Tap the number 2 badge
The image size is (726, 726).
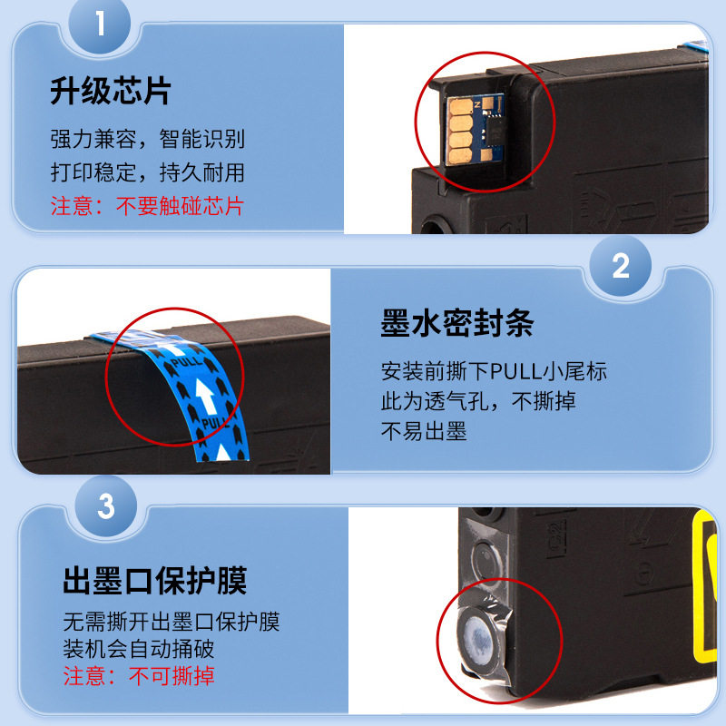pyautogui.click(x=621, y=266)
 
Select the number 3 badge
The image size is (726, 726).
pyautogui.click(x=105, y=506)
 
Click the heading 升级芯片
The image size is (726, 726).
pyautogui.click(x=110, y=93)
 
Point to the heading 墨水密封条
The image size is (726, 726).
pyautogui.click(x=456, y=324)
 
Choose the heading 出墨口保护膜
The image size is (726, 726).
pyautogui.click(x=154, y=580)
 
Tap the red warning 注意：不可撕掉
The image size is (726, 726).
pyautogui.click(x=138, y=676)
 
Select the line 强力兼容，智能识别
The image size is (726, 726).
pyautogui.click(x=147, y=141)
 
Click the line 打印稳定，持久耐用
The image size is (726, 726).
pyautogui.click(x=147, y=172)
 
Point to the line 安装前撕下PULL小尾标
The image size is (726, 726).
pyautogui.click(x=494, y=371)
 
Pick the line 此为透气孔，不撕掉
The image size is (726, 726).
pyautogui.click(x=478, y=401)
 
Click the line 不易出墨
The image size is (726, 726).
pyautogui.click(x=424, y=432)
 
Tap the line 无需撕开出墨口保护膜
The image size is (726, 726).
pyautogui.click(x=172, y=623)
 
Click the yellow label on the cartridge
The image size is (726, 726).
pyautogui.click(x=709, y=590)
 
